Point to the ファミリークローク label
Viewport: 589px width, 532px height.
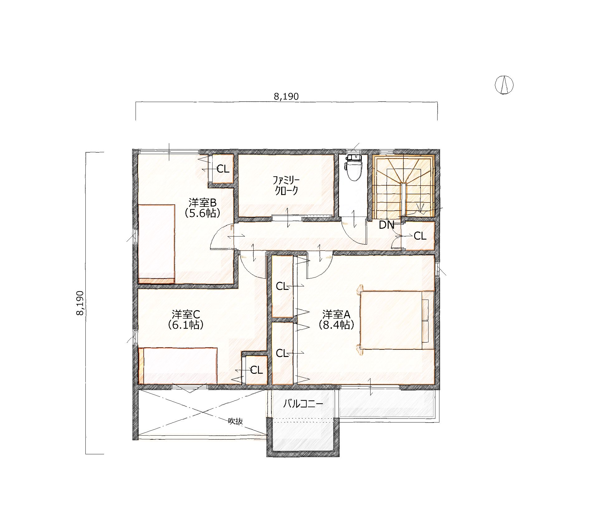click(x=286, y=185)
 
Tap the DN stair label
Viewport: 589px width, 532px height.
click(x=386, y=225)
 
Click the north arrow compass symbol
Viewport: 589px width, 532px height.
click(x=504, y=85)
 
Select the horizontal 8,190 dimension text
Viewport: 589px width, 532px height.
click(x=286, y=97)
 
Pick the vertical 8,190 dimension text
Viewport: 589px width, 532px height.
click(x=80, y=303)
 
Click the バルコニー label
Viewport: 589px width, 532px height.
click(x=303, y=404)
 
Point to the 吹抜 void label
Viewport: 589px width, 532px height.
click(x=235, y=421)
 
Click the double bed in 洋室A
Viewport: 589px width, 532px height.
click(x=397, y=320)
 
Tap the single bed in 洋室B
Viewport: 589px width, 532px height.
click(x=156, y=244)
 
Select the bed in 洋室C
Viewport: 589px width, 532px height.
click(x=178, y=366)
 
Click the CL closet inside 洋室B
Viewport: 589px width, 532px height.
click(x=223, y=169)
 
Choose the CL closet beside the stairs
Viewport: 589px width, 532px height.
click(x=419, y=236)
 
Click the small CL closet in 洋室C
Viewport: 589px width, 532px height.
click(x=256, y=370)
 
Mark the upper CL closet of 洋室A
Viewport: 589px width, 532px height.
click(x=282, y=286)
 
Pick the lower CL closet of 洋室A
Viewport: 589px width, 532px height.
click(x=282, y=353)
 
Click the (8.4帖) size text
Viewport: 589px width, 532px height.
click(x=337, y=325)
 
